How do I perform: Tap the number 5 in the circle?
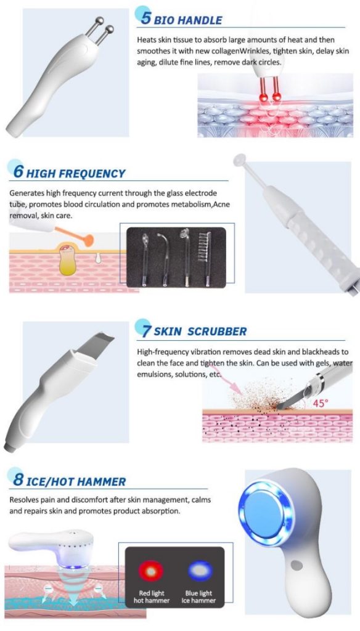[x=146, y=18]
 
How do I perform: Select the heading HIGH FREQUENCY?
[x=76, y=173]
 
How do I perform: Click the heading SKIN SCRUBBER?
[x=200, y=332]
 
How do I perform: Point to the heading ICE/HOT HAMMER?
[x=76, y=481]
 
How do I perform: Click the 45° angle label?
[x=321, y=403]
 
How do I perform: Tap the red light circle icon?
[x=151, y=571]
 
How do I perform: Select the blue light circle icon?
[x=200, y=571]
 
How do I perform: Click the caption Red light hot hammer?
[x=152, y=596]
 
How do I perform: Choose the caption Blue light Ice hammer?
[x=198, y=596]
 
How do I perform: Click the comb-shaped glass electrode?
[x=205, y=258]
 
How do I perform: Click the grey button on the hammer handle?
[x=297, y=565]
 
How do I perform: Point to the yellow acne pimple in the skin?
[x=67, y=261]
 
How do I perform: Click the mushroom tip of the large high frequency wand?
[x=240, y=160]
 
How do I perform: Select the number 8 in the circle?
[x=18, y=479]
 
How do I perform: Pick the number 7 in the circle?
[x=147, y=330]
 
